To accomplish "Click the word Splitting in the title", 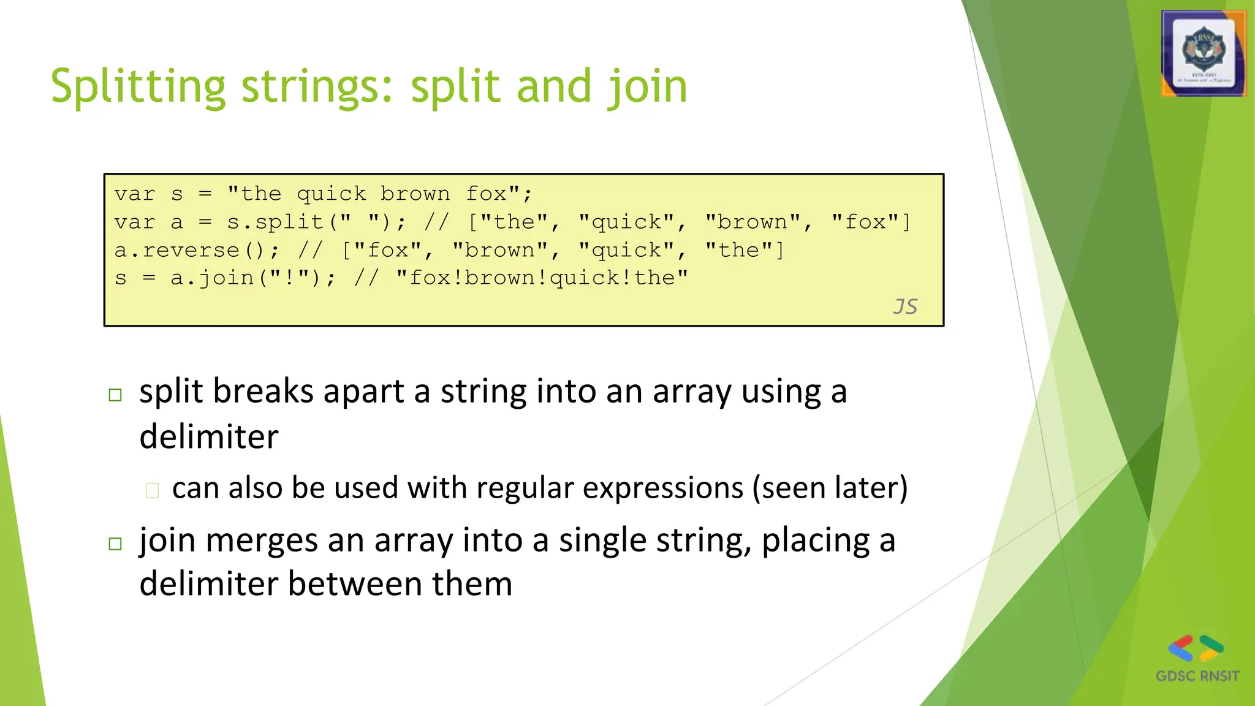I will point(138,87).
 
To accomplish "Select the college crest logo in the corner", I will point(1204,54).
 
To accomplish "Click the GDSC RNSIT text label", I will point(1197,676).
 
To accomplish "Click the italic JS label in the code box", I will point(904,306).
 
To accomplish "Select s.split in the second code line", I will point(275,222).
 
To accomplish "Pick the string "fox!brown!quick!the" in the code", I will point(542,278).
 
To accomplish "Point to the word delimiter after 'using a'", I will point(209,437).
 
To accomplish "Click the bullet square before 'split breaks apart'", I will point(115,395).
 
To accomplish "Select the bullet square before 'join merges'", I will point(115,544).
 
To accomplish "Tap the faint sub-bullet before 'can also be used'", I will point(153,490).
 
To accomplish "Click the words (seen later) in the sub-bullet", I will point(830,488).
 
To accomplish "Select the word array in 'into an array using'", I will point(692,392).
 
